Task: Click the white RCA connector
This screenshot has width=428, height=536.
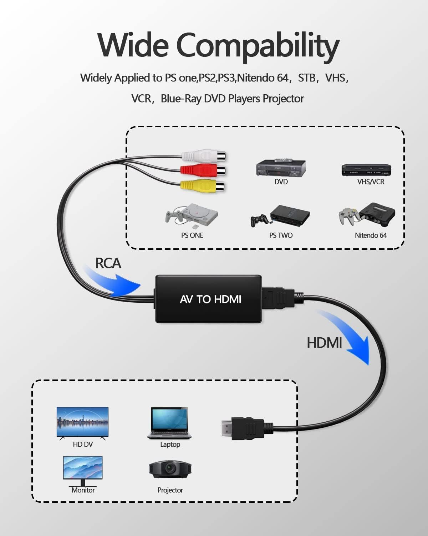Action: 203,156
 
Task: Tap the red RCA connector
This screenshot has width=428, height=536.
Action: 203,170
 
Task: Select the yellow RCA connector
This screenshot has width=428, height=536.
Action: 202,185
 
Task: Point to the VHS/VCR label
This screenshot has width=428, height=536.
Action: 371,182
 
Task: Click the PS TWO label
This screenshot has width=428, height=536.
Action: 281,235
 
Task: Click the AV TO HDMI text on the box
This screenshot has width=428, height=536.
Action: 210,299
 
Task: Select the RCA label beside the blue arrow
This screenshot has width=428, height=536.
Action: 108,263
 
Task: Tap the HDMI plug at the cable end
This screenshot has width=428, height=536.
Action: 243,428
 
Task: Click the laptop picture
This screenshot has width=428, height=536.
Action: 169,423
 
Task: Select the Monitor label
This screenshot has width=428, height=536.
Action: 83,490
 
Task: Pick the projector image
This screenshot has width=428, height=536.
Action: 170,469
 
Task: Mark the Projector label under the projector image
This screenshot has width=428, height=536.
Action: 170,490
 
